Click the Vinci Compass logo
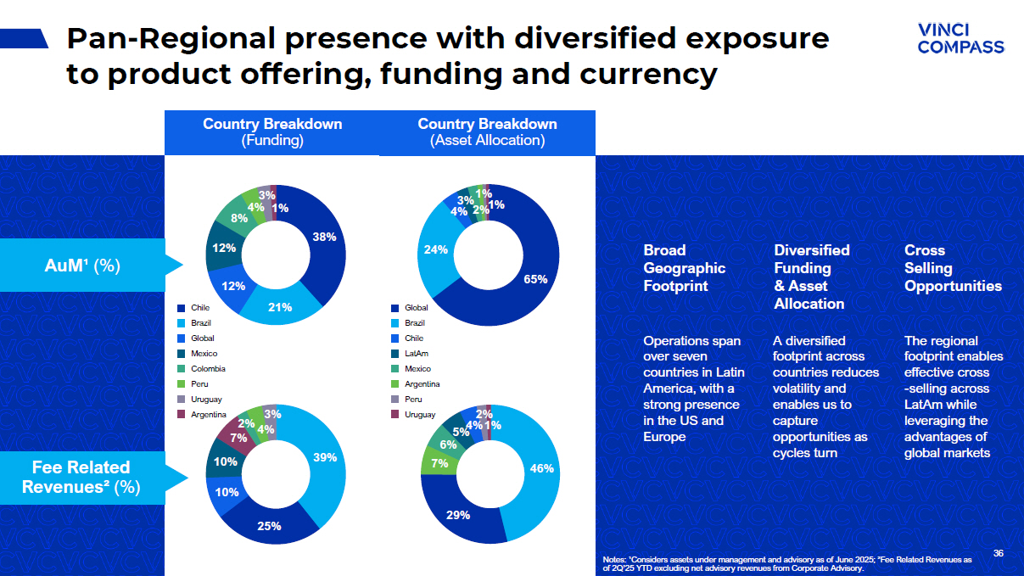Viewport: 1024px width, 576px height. (960, 38)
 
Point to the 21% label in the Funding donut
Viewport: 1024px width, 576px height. (280, 307)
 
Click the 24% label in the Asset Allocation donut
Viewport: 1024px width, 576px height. (435, 250)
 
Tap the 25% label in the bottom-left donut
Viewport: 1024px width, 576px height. (269, 526)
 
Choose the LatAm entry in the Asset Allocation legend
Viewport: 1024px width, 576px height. (415, 354)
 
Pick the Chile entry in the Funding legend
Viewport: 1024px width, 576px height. (200, 308)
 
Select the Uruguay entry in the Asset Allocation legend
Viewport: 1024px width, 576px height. (420, 415)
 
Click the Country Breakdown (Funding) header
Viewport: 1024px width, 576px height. (272, 132)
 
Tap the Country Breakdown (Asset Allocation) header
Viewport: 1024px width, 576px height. (487, 132)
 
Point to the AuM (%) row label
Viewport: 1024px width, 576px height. (81, 266)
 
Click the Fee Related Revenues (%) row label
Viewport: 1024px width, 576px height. (81, 477)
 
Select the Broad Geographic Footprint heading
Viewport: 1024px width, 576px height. (684, 268)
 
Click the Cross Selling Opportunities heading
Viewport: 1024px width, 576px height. (952, 268)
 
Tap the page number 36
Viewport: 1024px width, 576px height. (998, 554)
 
